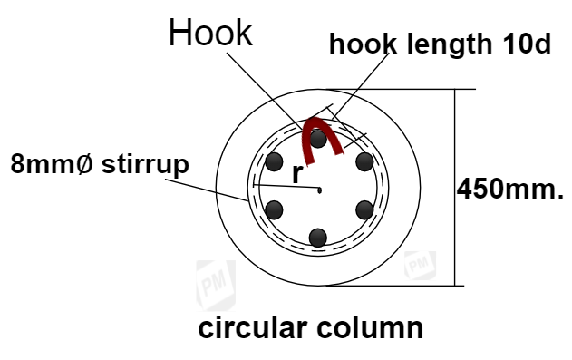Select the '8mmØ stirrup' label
(x=100, y=165)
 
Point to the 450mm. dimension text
(x=510, y=190)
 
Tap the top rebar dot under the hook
(x=318, y=139)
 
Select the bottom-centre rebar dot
(x=317, y=238)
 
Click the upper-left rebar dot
(x=276, y=163)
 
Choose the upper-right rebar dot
(x=364, y=163)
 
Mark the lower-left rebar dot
(x=276, y=210)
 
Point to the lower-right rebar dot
(x=364, y=210)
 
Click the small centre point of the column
(x=320, y=190)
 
